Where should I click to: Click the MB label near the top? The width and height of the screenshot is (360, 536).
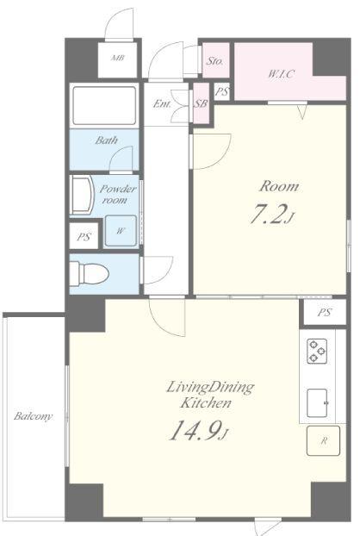[117, 58]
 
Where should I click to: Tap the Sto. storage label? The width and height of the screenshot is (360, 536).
[214, 61]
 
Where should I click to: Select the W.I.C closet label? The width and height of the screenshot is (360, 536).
[281, 73]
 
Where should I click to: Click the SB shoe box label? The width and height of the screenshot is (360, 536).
[201, 103]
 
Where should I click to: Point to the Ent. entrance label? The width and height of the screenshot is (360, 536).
[162, 103]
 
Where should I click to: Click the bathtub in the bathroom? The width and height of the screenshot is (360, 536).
[104, 106]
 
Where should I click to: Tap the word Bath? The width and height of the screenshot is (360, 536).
[106, 140]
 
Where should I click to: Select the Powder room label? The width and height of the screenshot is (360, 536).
[117, 194]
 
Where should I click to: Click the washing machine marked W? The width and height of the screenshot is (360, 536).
[121, 231]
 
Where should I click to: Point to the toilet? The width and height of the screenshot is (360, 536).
[90, 273]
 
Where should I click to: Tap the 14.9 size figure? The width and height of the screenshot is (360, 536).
[195, 430]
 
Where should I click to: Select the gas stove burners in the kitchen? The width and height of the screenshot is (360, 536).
[317, 351]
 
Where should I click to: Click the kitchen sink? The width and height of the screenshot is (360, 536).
[317, 403]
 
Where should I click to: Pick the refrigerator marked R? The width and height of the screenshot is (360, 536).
[323, 440]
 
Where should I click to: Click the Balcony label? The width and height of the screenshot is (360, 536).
[33, 416]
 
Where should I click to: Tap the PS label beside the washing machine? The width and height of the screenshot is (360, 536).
[84, 237]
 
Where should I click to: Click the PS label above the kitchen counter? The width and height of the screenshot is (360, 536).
[324, 313]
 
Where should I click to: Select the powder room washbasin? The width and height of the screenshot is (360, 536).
[83, 195]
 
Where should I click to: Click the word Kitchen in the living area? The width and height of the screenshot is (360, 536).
[206, 403]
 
